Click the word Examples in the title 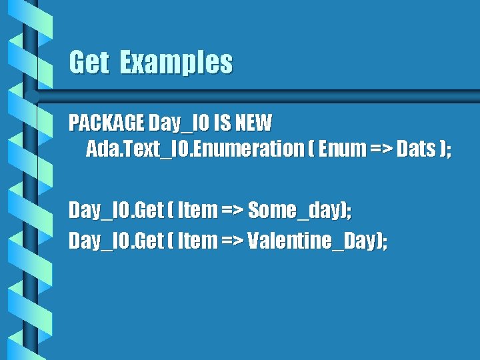click(x=177, y=63)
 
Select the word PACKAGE click(x=107, y=123)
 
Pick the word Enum click(x=341, y=149)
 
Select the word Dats click(x=416, y=149)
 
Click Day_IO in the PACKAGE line click(x=175, y=123)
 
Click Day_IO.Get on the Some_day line click(x=116, y=211)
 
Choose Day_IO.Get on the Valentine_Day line click(x=116, y=240)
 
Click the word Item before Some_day click(x=198, y=211)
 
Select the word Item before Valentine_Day click(x=198, y=240)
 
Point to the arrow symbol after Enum click(x=378, y=149)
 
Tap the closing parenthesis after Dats click(x=443, y=149)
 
